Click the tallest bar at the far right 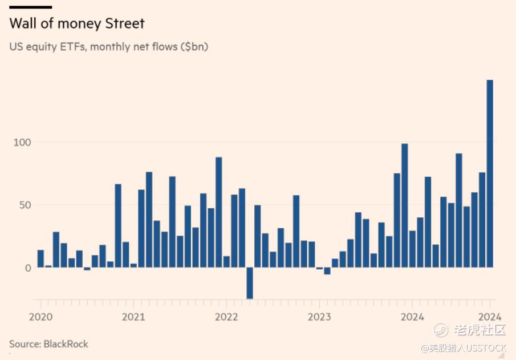[x=490, y=173]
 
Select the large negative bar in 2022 [x=250, y=283]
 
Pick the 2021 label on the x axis [x=133, y=317]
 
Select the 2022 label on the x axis [x=226, y=317]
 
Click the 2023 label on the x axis [x=319, y=317]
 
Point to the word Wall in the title [x=22, y=23]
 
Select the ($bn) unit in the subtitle [x=194, y=47]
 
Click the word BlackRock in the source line [x=66, y=344]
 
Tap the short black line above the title [x=30, y=7]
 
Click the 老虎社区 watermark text [x=480, y=329]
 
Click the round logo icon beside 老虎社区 [x=441, y=329]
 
